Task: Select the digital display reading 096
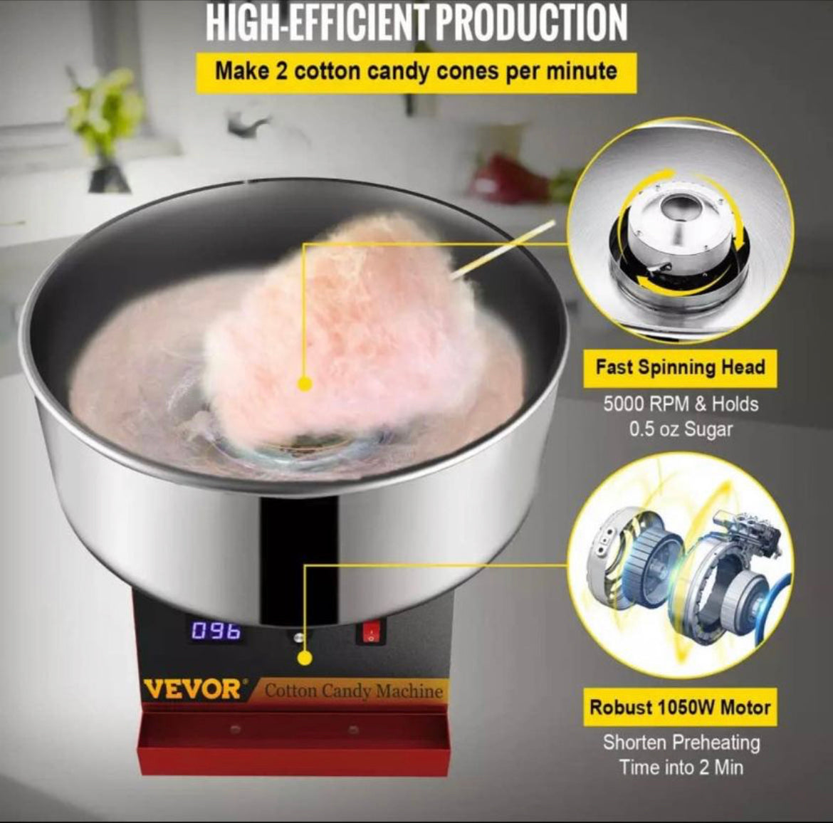coord(216,631)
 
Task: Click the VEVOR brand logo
coord(192,690)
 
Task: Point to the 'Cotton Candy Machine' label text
coord(353,691)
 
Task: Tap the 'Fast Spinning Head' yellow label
coord(680,367)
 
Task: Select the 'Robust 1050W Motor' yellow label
coord(680,707)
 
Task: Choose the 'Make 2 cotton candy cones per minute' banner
coord(416,72)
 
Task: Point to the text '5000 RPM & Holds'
coord(681,404)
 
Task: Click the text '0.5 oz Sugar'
coord(681,429)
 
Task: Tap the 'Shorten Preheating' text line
coord(681,743)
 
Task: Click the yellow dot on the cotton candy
coord(305,384)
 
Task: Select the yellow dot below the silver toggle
coord(305,659)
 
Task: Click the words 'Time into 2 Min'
coord(681,767)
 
